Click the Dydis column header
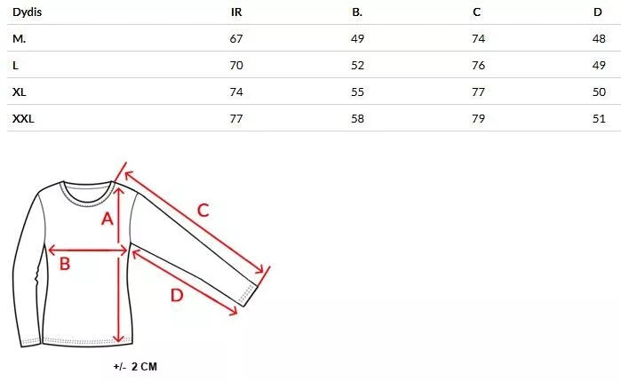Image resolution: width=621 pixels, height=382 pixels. [27, 12]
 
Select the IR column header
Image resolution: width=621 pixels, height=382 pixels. [236, 12]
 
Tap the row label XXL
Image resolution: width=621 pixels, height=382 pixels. [23, 119]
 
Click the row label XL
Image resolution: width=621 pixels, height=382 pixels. [19, 92]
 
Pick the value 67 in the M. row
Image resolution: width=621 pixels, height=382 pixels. [236, 39]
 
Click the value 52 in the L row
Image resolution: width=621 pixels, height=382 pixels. [357, 66]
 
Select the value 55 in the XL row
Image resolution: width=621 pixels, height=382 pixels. [357, 92]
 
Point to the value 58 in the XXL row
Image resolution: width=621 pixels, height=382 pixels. [357, 119]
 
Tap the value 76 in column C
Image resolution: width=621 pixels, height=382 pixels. [479, 66]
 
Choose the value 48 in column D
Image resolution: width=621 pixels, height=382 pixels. [599, 39]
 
